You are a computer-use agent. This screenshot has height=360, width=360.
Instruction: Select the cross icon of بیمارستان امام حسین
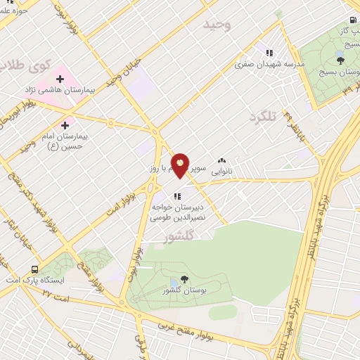coord(65,124)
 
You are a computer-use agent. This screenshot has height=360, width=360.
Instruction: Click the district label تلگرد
coord(264,116)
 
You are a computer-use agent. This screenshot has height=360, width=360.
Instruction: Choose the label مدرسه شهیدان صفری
coord(273,64)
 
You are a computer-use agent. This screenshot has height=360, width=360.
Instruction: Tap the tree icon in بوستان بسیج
coord(340,60)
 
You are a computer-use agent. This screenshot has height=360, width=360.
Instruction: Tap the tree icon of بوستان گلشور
coord(184,279)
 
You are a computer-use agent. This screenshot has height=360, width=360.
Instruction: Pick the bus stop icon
coord(34,269)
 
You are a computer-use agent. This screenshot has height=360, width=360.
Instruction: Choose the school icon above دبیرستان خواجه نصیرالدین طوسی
coord(178,195)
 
